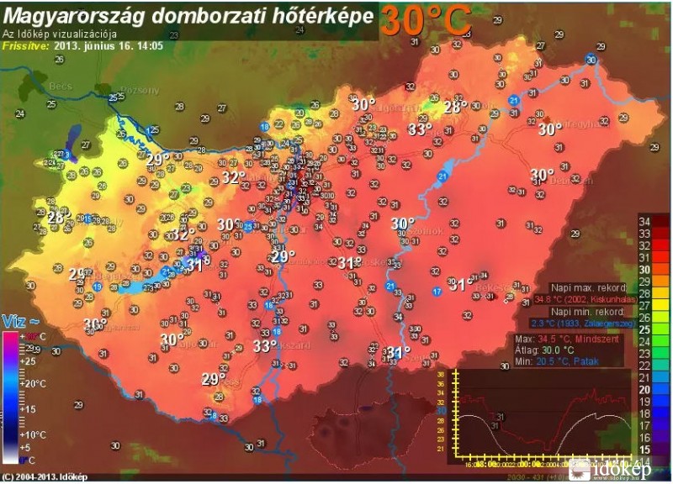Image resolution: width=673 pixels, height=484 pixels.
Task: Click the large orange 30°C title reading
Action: pyautogui.click(x=423, y=20)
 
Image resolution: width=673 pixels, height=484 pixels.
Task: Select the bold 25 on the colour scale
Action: pyautogui.click(x=647, y=329)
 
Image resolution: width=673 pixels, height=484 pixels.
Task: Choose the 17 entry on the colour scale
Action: pyautogui.click(x=647, y=425)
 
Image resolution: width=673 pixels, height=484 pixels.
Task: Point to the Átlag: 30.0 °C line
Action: pyautogui.click(x=546, y=350)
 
